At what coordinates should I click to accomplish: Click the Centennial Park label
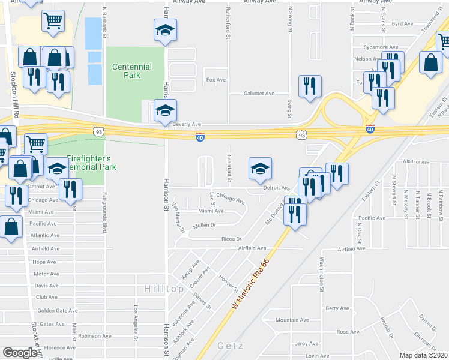click(126, 71)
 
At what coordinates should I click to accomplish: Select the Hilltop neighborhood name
click(164, 289)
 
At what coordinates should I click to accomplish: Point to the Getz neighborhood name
click(230, 346)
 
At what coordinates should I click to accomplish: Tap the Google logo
click(19, 353)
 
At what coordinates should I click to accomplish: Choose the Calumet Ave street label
click(259, 94)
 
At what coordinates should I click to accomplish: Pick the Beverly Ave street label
click(186, 124)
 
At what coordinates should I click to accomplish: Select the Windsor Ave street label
click(416, 161)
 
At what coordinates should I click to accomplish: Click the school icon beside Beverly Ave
click(165, 110)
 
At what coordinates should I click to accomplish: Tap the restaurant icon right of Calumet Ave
click(310, 86)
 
